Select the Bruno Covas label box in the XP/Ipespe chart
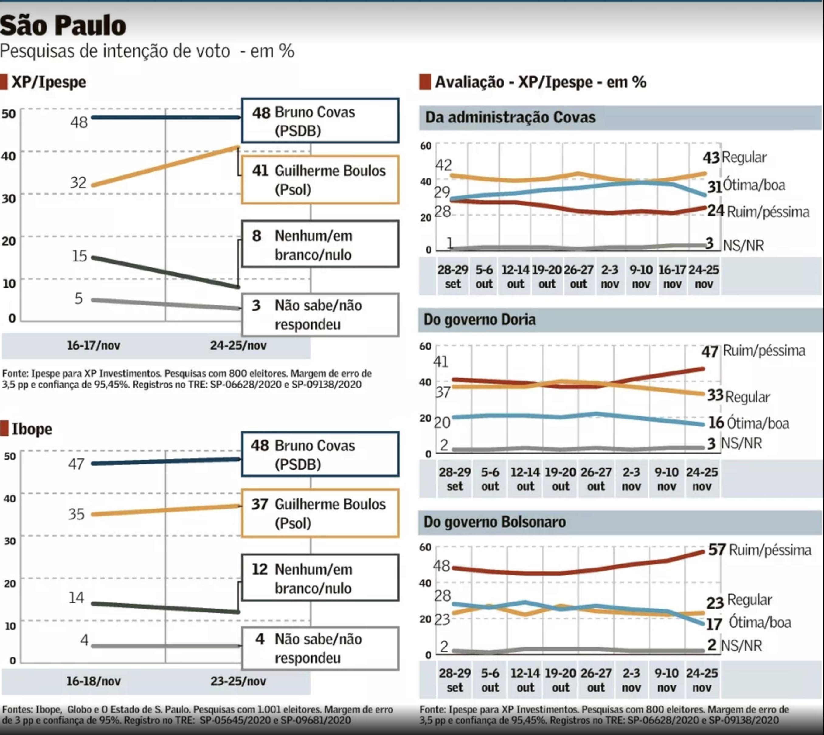tap(320, 120)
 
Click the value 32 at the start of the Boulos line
tap(78, 183)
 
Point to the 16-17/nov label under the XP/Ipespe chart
tap(93, 345)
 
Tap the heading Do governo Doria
tap(480, 319)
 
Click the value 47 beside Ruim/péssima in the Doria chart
tap(710, 352)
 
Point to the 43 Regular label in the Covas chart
tap(734, 157)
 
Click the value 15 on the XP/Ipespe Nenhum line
tap(79, 256)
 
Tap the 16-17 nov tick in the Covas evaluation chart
tap(672, 277)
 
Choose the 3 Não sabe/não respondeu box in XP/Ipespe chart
tap(320, 315)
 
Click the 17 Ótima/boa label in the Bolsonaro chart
tap(748, 623)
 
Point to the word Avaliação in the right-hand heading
tap(469, 82)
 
